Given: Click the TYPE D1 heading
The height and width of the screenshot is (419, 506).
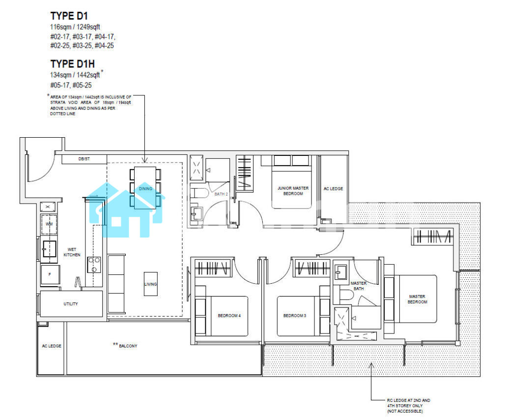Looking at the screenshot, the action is [x=69, y=16].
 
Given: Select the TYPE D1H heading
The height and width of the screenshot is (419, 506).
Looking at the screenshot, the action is [x=72, y=63].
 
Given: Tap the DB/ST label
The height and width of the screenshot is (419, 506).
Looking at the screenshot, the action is [x=84, y=159].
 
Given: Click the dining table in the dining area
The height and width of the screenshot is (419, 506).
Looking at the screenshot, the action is [x=145, y=188].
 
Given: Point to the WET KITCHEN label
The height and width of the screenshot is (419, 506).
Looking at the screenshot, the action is [x=72, y=252].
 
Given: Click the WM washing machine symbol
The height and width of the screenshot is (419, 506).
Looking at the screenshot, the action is [x=49, y=224].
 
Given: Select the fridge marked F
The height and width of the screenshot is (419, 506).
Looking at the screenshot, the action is [x=50, y=274].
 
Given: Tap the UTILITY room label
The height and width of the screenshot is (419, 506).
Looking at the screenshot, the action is [x=71, y=303].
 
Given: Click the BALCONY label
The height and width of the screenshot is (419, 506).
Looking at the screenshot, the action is [x=128, y=346].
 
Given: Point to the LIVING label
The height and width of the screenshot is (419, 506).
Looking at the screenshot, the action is [x=151, y=284].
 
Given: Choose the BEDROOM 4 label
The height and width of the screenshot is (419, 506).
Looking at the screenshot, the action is [x=229, y=316].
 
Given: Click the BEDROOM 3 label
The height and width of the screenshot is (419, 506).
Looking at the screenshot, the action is [x=295, y=316].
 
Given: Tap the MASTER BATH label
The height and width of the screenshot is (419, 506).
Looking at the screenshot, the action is [x=359, y=286].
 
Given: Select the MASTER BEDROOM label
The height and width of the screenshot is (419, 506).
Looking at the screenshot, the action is [x=417, y=299].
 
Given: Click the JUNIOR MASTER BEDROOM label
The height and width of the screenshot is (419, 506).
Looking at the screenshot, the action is [x=293, y=191].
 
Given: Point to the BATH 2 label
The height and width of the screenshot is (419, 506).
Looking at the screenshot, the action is [x=221, y=194].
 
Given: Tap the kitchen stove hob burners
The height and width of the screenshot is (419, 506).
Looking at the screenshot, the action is [x=94, y=265].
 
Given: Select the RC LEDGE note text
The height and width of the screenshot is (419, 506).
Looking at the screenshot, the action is [x=409, y=406].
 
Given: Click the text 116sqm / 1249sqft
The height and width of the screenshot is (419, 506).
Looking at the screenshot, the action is [x=75, y=27].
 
